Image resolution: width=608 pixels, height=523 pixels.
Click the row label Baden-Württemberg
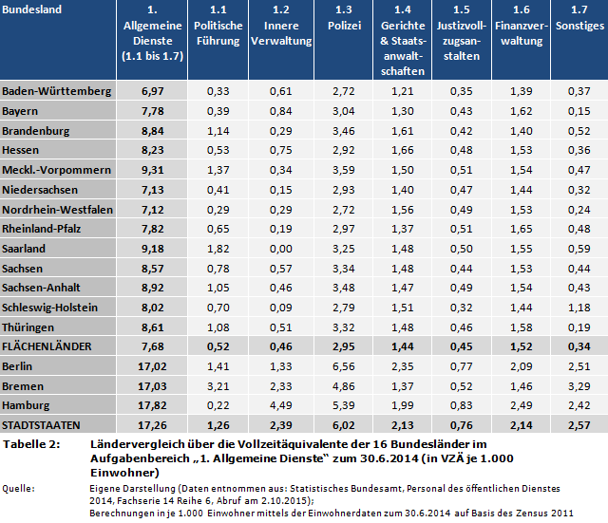(x=56, y=90)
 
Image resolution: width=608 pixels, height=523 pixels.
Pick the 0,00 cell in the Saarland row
(x=280, y=249)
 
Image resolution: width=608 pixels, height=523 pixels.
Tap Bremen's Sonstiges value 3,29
(x=578, y=385)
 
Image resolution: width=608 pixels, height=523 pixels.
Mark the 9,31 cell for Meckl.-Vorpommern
(x=153, y=169)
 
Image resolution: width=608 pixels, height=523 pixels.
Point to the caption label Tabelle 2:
(x=34, y=444)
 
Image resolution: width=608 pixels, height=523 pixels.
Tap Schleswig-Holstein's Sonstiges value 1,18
(x=578, y=308)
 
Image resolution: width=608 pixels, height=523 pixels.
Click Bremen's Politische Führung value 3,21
(x=218, y=385)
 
